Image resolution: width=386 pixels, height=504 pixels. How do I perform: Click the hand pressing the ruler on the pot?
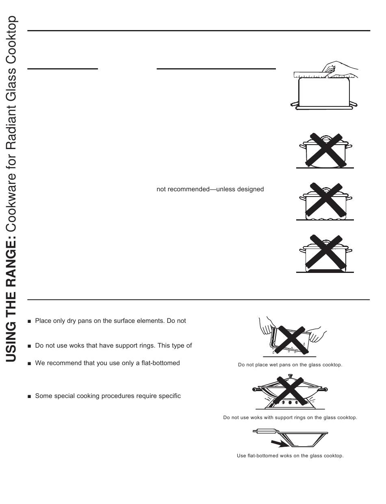point(339,68)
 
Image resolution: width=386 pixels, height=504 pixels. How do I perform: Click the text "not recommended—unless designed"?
point(210,189)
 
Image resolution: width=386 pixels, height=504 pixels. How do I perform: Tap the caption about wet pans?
point(290,365)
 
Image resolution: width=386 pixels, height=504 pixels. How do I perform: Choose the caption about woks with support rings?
point(290,417)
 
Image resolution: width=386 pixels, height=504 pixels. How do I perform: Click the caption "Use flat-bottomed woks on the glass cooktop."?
point(290,456)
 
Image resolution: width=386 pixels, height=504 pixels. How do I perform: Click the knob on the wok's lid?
point(290,376)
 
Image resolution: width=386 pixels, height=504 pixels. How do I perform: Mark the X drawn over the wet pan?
point(290,336)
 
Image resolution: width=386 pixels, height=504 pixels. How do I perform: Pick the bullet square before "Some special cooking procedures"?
point(29,396)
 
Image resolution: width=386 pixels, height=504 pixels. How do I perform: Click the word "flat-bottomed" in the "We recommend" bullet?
point(160,363)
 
